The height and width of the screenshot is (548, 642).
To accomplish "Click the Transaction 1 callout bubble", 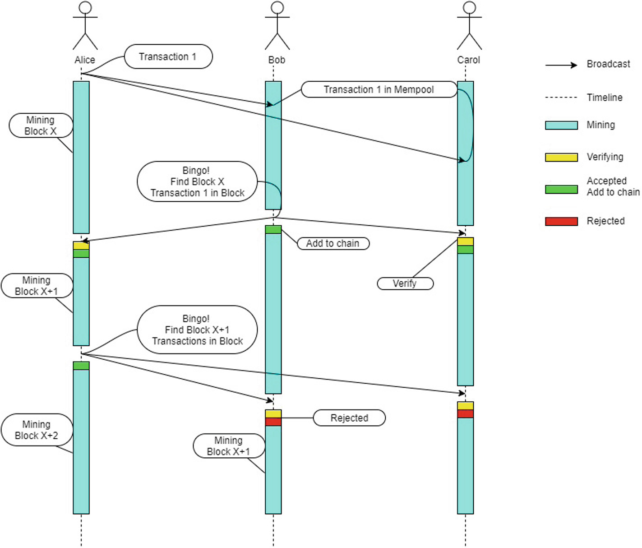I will [168, 57].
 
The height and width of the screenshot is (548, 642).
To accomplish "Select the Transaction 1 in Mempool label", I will [379, 89].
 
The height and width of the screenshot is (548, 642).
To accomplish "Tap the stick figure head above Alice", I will [85, 8].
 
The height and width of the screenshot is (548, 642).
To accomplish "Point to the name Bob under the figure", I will [277, 60].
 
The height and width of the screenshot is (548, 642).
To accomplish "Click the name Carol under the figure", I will [468, 60].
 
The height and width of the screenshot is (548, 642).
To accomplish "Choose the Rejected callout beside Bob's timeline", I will [349, 418].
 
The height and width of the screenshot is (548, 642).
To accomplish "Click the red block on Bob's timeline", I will [273, 422].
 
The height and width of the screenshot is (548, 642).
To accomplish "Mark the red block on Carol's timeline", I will [465, 413].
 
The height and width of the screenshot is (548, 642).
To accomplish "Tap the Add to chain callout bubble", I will [333, 243].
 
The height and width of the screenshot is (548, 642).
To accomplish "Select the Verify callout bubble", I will [405, 283].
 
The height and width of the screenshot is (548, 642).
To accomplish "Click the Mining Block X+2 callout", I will [37, 430].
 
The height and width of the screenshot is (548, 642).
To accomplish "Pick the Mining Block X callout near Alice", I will [41, 125].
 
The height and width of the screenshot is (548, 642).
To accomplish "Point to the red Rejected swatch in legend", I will [561, 221].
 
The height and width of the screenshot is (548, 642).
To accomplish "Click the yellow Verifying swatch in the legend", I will [561, 157].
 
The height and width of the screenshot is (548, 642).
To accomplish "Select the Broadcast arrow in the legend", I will [561, 65].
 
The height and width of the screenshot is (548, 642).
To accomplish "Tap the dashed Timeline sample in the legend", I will [561, 98].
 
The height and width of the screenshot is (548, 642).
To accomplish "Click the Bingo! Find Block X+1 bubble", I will [197, 330].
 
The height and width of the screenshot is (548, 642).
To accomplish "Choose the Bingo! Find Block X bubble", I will [197, 181].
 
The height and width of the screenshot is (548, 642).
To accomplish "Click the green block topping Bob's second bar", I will [273, 229].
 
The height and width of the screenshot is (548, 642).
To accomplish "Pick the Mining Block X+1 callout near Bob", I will [228, 446].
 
